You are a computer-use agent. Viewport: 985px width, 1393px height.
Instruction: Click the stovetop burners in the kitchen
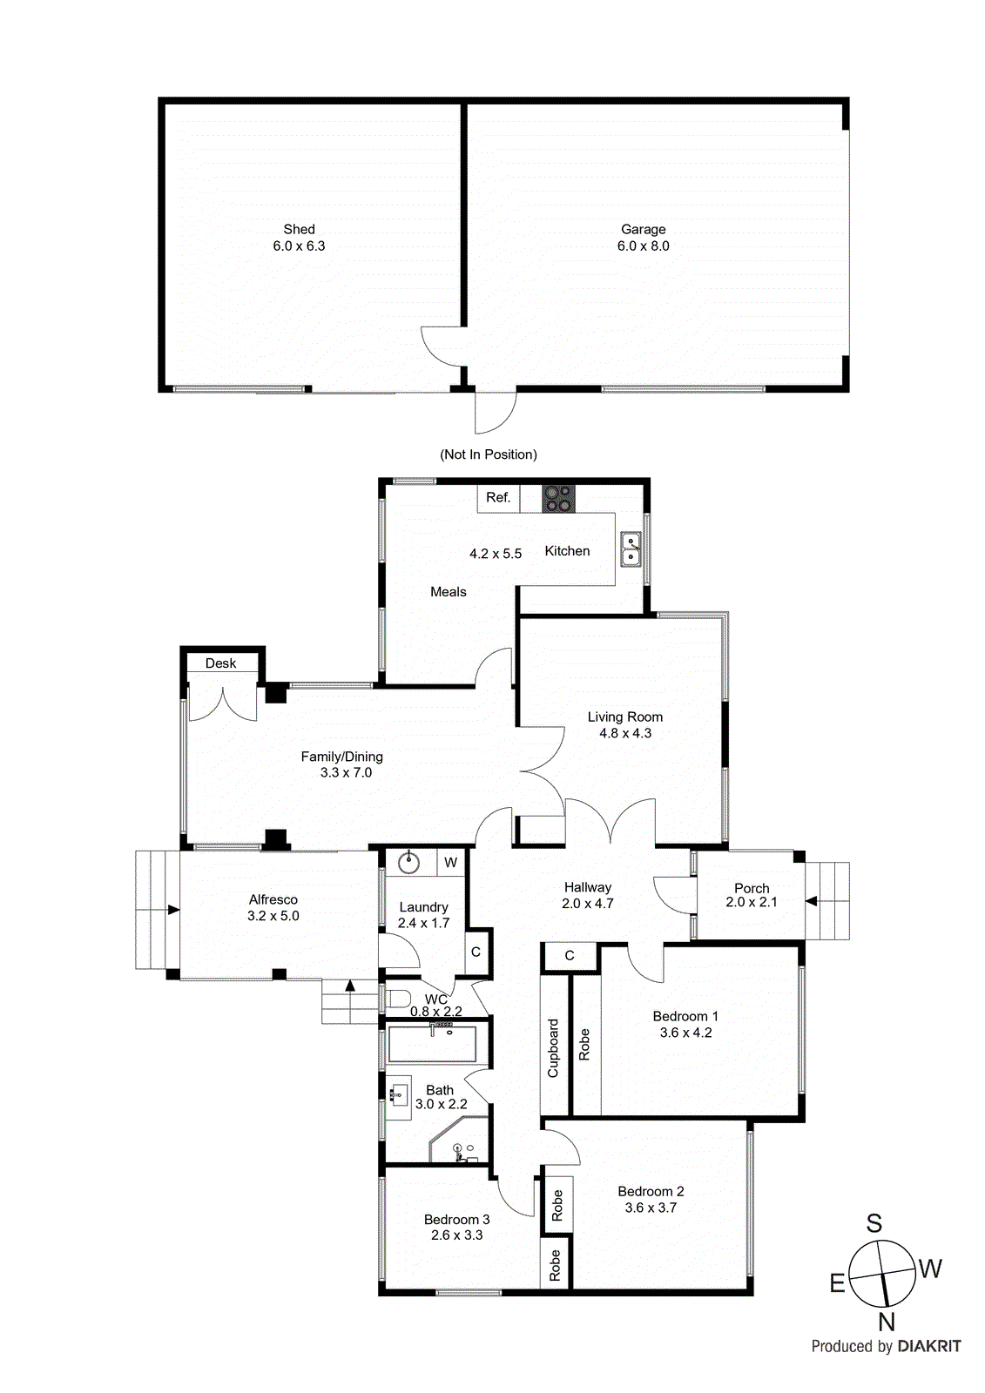[559, 498]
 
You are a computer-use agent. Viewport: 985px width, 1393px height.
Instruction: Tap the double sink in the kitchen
[631, 549]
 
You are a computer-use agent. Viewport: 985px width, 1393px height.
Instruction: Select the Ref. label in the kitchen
[498, 498]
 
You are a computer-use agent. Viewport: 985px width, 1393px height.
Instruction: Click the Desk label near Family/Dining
[220, 663]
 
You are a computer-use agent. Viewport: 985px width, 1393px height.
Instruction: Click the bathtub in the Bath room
[432, 1044]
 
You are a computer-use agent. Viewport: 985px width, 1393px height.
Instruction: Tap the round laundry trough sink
[408, 863]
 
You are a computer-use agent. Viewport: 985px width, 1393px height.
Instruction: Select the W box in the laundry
[450, 863]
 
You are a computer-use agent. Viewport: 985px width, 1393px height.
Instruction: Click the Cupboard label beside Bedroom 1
[553, 1047]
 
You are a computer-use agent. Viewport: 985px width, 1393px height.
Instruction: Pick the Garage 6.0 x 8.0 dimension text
[643, 246]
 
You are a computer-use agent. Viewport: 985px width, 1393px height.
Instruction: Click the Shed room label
[299, 230]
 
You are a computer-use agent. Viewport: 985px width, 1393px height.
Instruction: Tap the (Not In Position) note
[488, 454]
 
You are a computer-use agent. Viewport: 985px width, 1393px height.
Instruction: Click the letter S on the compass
[874, 1223]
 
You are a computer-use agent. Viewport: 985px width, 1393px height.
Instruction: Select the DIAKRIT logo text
[928, 1346]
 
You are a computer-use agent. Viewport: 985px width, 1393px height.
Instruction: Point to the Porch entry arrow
[811, 901]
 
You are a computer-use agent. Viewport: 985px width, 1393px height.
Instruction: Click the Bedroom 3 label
[456, 1220]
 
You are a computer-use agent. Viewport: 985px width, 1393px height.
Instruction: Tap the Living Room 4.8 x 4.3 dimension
[624, 733]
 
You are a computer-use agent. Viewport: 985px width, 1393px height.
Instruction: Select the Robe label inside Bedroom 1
[584, 1044]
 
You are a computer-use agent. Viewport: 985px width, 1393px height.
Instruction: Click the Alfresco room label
[273, 899]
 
